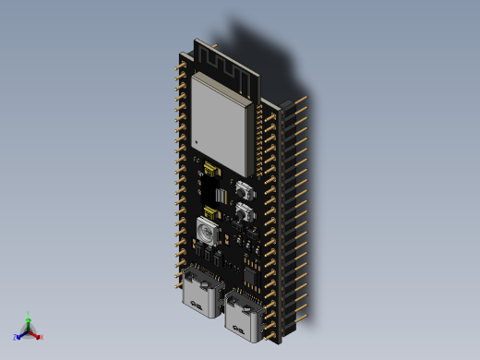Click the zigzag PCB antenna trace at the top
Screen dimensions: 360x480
click(x=226, y=66)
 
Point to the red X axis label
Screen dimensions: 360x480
click(x=42, y=338)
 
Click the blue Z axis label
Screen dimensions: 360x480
click(x=16, y=338)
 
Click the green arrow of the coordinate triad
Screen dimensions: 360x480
click(x=29, y=322)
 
